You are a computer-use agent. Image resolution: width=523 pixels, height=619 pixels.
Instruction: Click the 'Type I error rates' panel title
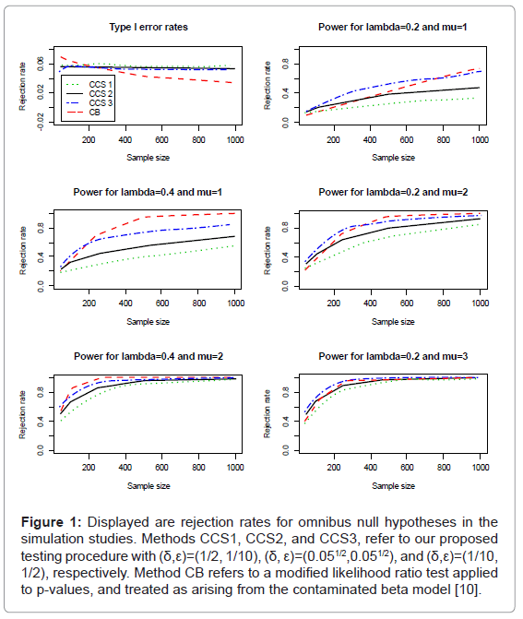tap(149, 28)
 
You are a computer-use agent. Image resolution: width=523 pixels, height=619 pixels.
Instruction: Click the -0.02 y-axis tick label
tap(41, 122)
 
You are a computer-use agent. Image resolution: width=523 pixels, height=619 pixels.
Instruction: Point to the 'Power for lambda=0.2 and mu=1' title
tap(393, 28)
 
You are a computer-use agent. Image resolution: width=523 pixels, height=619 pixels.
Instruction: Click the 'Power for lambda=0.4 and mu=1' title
tap(148, 192)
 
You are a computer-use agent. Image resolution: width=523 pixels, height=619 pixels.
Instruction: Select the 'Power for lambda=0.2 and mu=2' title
tap(393, 192)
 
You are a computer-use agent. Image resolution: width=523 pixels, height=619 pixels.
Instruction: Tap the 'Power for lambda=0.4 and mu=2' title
tap(149, 356)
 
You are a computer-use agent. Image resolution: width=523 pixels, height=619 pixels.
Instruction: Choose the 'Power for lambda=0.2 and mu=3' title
tap(393, 356)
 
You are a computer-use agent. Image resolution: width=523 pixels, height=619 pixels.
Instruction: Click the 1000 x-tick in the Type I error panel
tap(235, 139)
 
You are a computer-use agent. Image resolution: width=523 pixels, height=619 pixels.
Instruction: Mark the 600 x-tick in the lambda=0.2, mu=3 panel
tap(407, 468)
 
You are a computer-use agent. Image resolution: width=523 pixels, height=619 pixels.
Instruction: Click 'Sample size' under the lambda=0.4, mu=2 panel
tap(149, 486)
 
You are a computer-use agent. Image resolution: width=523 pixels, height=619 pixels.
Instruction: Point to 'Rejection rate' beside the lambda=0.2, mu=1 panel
tap(267, 86)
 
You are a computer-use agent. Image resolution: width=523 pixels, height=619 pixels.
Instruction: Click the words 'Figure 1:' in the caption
tap(52, 522)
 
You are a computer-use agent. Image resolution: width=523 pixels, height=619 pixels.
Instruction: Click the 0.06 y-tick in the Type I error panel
tap(41, 64)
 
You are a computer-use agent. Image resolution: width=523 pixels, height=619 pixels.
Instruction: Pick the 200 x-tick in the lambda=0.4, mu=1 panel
tap(89, 304)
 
